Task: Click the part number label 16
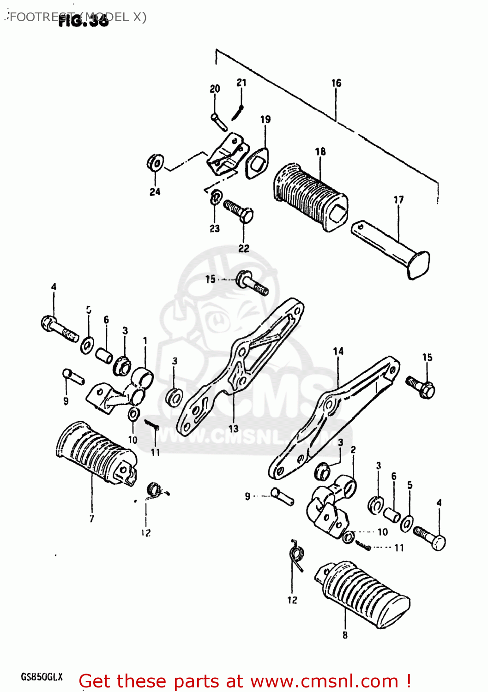coord(336,83)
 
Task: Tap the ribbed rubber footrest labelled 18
coord(309,197)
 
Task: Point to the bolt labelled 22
coord(239,212)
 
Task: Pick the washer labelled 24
coord(155,163)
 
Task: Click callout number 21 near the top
coord(241,83)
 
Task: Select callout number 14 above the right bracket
coord(338,352)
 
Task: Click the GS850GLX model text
coord(42,677)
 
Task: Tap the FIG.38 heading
coord(84,20)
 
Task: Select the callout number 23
coord(215,228)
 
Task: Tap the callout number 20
coord(215,89)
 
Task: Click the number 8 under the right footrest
coord(345,635)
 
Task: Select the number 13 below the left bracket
coord(234,429)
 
